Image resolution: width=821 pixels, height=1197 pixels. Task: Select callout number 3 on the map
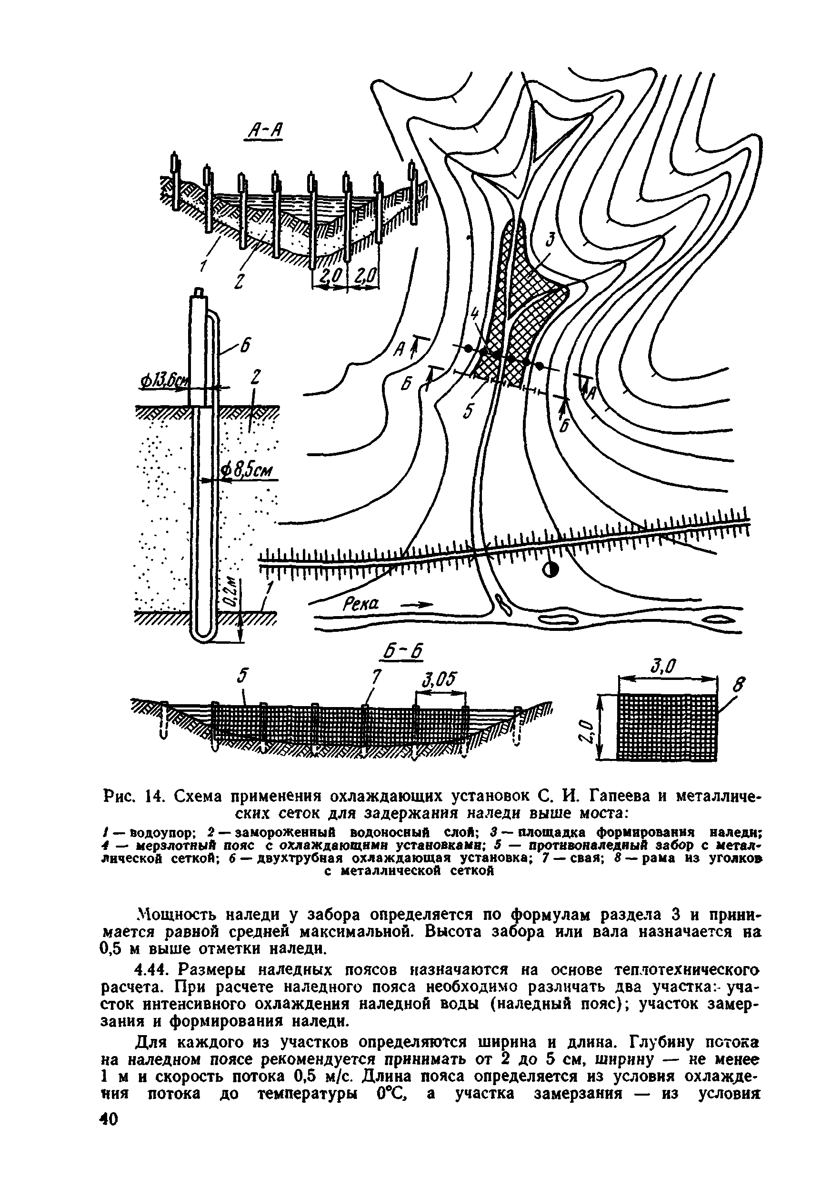[550, 240]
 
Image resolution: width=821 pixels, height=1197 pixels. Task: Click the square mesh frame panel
[668, 727]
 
